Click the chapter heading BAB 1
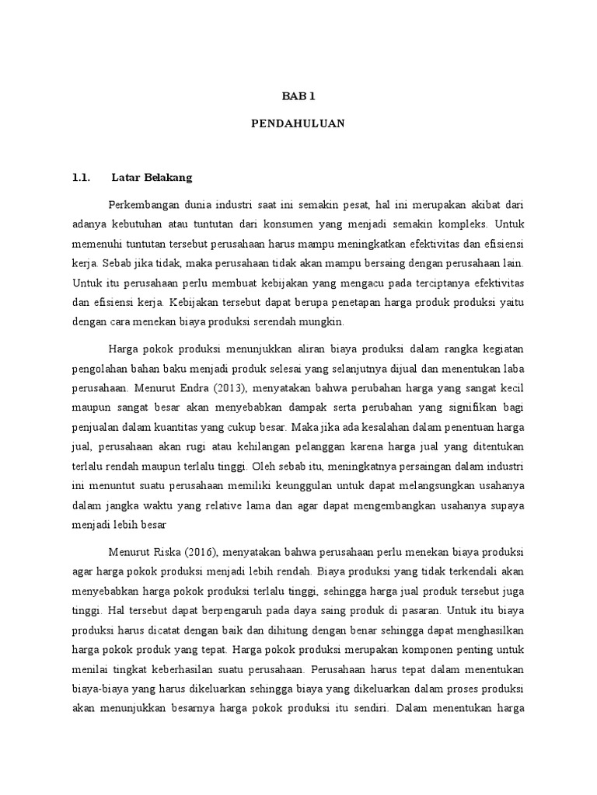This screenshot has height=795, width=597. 298,96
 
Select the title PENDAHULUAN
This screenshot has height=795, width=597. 298,123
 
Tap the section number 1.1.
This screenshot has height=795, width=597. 82,178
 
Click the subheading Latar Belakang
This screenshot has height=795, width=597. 152,178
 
